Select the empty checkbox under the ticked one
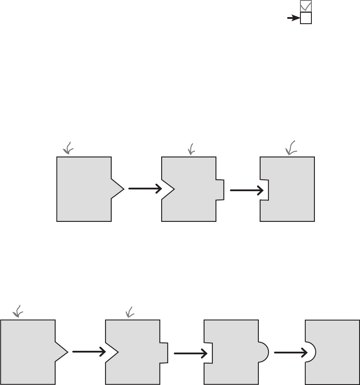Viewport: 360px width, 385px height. [306, 18]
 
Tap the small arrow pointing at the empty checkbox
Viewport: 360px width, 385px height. [293, 18]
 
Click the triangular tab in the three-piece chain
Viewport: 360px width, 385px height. [117, 189]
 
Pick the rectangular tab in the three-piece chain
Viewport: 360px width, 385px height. [220, 189]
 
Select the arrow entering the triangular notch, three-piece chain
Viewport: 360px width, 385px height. [145, 189]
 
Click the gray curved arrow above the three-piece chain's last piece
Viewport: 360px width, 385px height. [291, 148]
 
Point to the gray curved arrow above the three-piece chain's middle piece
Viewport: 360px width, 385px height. [191, 150]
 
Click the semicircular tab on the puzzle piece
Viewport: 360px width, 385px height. [263, 351]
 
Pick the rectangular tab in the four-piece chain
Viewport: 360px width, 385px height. [164, 352]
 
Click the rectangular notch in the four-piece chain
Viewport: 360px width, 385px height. [208, 353]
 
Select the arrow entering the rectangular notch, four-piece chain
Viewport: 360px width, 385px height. [190, 353]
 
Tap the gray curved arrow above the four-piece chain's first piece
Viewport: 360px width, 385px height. [18, 311]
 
